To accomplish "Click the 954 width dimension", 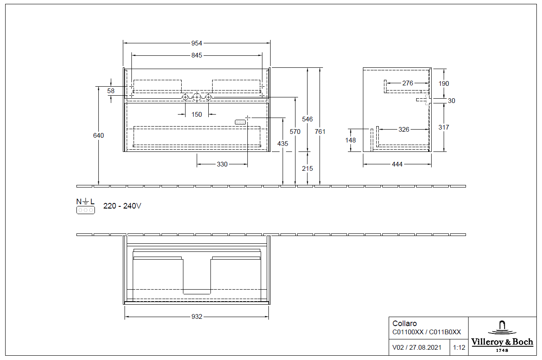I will click(x=197, y=43).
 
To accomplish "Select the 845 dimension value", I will click(x=197, y=55).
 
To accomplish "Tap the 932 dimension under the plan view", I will click(x=197, y=317).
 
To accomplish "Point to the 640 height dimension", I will click(x=99, y=136).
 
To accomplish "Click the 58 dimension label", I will click(x=111, y=91).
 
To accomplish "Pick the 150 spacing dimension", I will click(x=197, y=115).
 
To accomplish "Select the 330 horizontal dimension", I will click(x=222, y=164).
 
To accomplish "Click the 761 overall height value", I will click(x=320, y=132).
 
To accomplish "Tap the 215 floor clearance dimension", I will click(x=308, y=169).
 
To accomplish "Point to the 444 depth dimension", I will click(x=397, y=164).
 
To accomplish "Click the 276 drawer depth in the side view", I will click(x=408, y=83).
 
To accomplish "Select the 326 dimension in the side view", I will click(x=404, y=129).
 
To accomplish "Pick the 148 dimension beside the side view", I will click(x=351, y=140).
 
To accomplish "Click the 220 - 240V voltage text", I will click(x=122, y=206).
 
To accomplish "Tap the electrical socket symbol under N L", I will click(x=85, y=210).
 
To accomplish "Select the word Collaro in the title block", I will click(x=405, y=324).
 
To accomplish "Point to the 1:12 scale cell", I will click(x=459, y=348).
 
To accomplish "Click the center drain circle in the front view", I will click(x=197, y=97).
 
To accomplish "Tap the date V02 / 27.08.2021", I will click(x=417, y=348).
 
